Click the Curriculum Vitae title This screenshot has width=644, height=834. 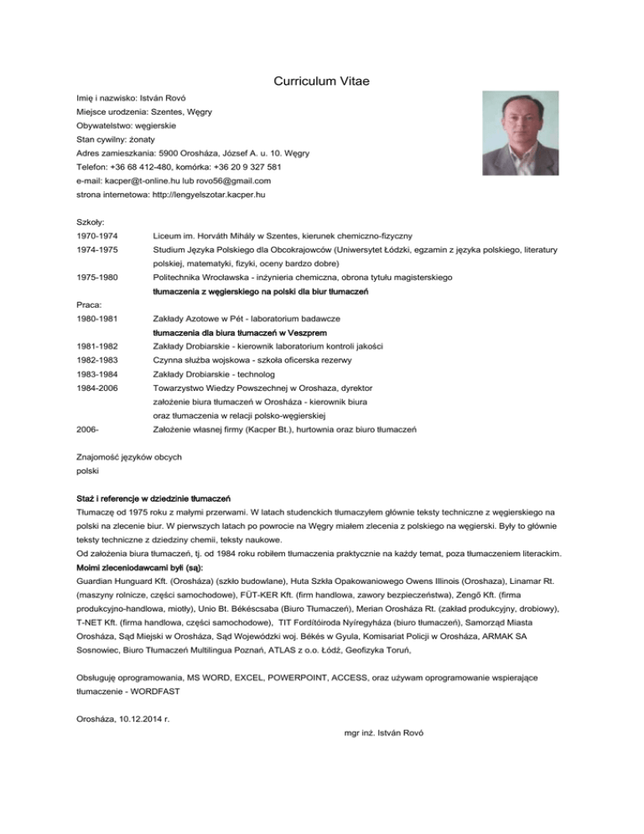322,81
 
